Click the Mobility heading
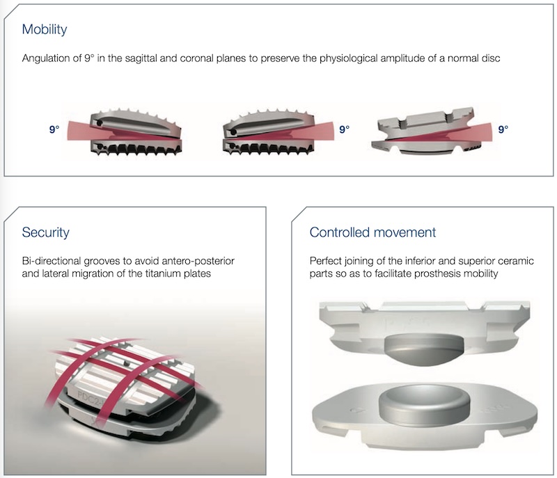pos(45,30)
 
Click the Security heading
pos(45,232)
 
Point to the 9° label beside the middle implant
pos(344,129)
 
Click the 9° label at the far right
pos(503,129)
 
